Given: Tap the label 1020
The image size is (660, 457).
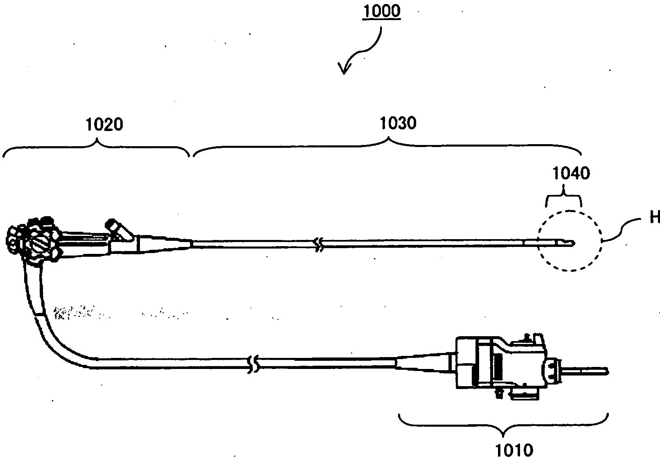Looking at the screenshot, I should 104,124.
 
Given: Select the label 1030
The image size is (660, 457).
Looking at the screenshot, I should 398,123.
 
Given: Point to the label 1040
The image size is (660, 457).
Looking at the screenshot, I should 571,174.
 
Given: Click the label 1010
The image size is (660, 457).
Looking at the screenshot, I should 514,449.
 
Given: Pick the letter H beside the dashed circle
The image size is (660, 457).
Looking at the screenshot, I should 655,218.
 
